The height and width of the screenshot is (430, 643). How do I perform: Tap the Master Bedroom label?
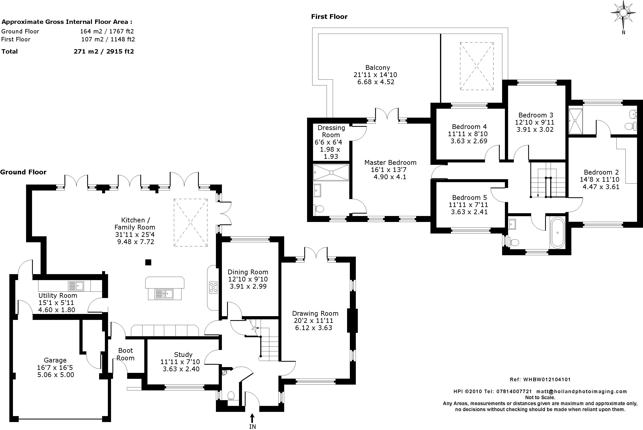click(x=390, y=163)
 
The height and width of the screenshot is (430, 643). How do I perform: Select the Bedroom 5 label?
click(x=469, y=197)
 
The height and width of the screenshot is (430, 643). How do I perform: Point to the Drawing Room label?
click(x=315, y=314)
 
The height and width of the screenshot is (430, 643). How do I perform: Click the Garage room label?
click(x=55, y=360)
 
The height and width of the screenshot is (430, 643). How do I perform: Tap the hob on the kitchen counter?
click(x=213, y=287)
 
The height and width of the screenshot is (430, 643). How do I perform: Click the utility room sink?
click(x=76, y=286)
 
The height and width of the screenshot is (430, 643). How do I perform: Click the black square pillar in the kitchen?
click(x=148, y=262)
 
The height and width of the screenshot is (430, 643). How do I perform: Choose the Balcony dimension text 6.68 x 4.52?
click(x=376, y=82)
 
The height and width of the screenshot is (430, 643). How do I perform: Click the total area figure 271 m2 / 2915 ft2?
click(x=104, y=52)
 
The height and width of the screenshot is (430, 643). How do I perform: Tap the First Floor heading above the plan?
click(x=329, y=17)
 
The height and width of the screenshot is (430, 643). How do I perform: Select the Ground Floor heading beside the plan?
click(x=23, y=172)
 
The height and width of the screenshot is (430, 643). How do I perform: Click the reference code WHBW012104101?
click(x=547, y=380)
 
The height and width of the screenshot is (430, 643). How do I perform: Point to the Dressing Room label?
click(x=331, y=131)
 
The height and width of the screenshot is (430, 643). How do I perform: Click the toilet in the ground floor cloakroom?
click(x=231, y=396)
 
